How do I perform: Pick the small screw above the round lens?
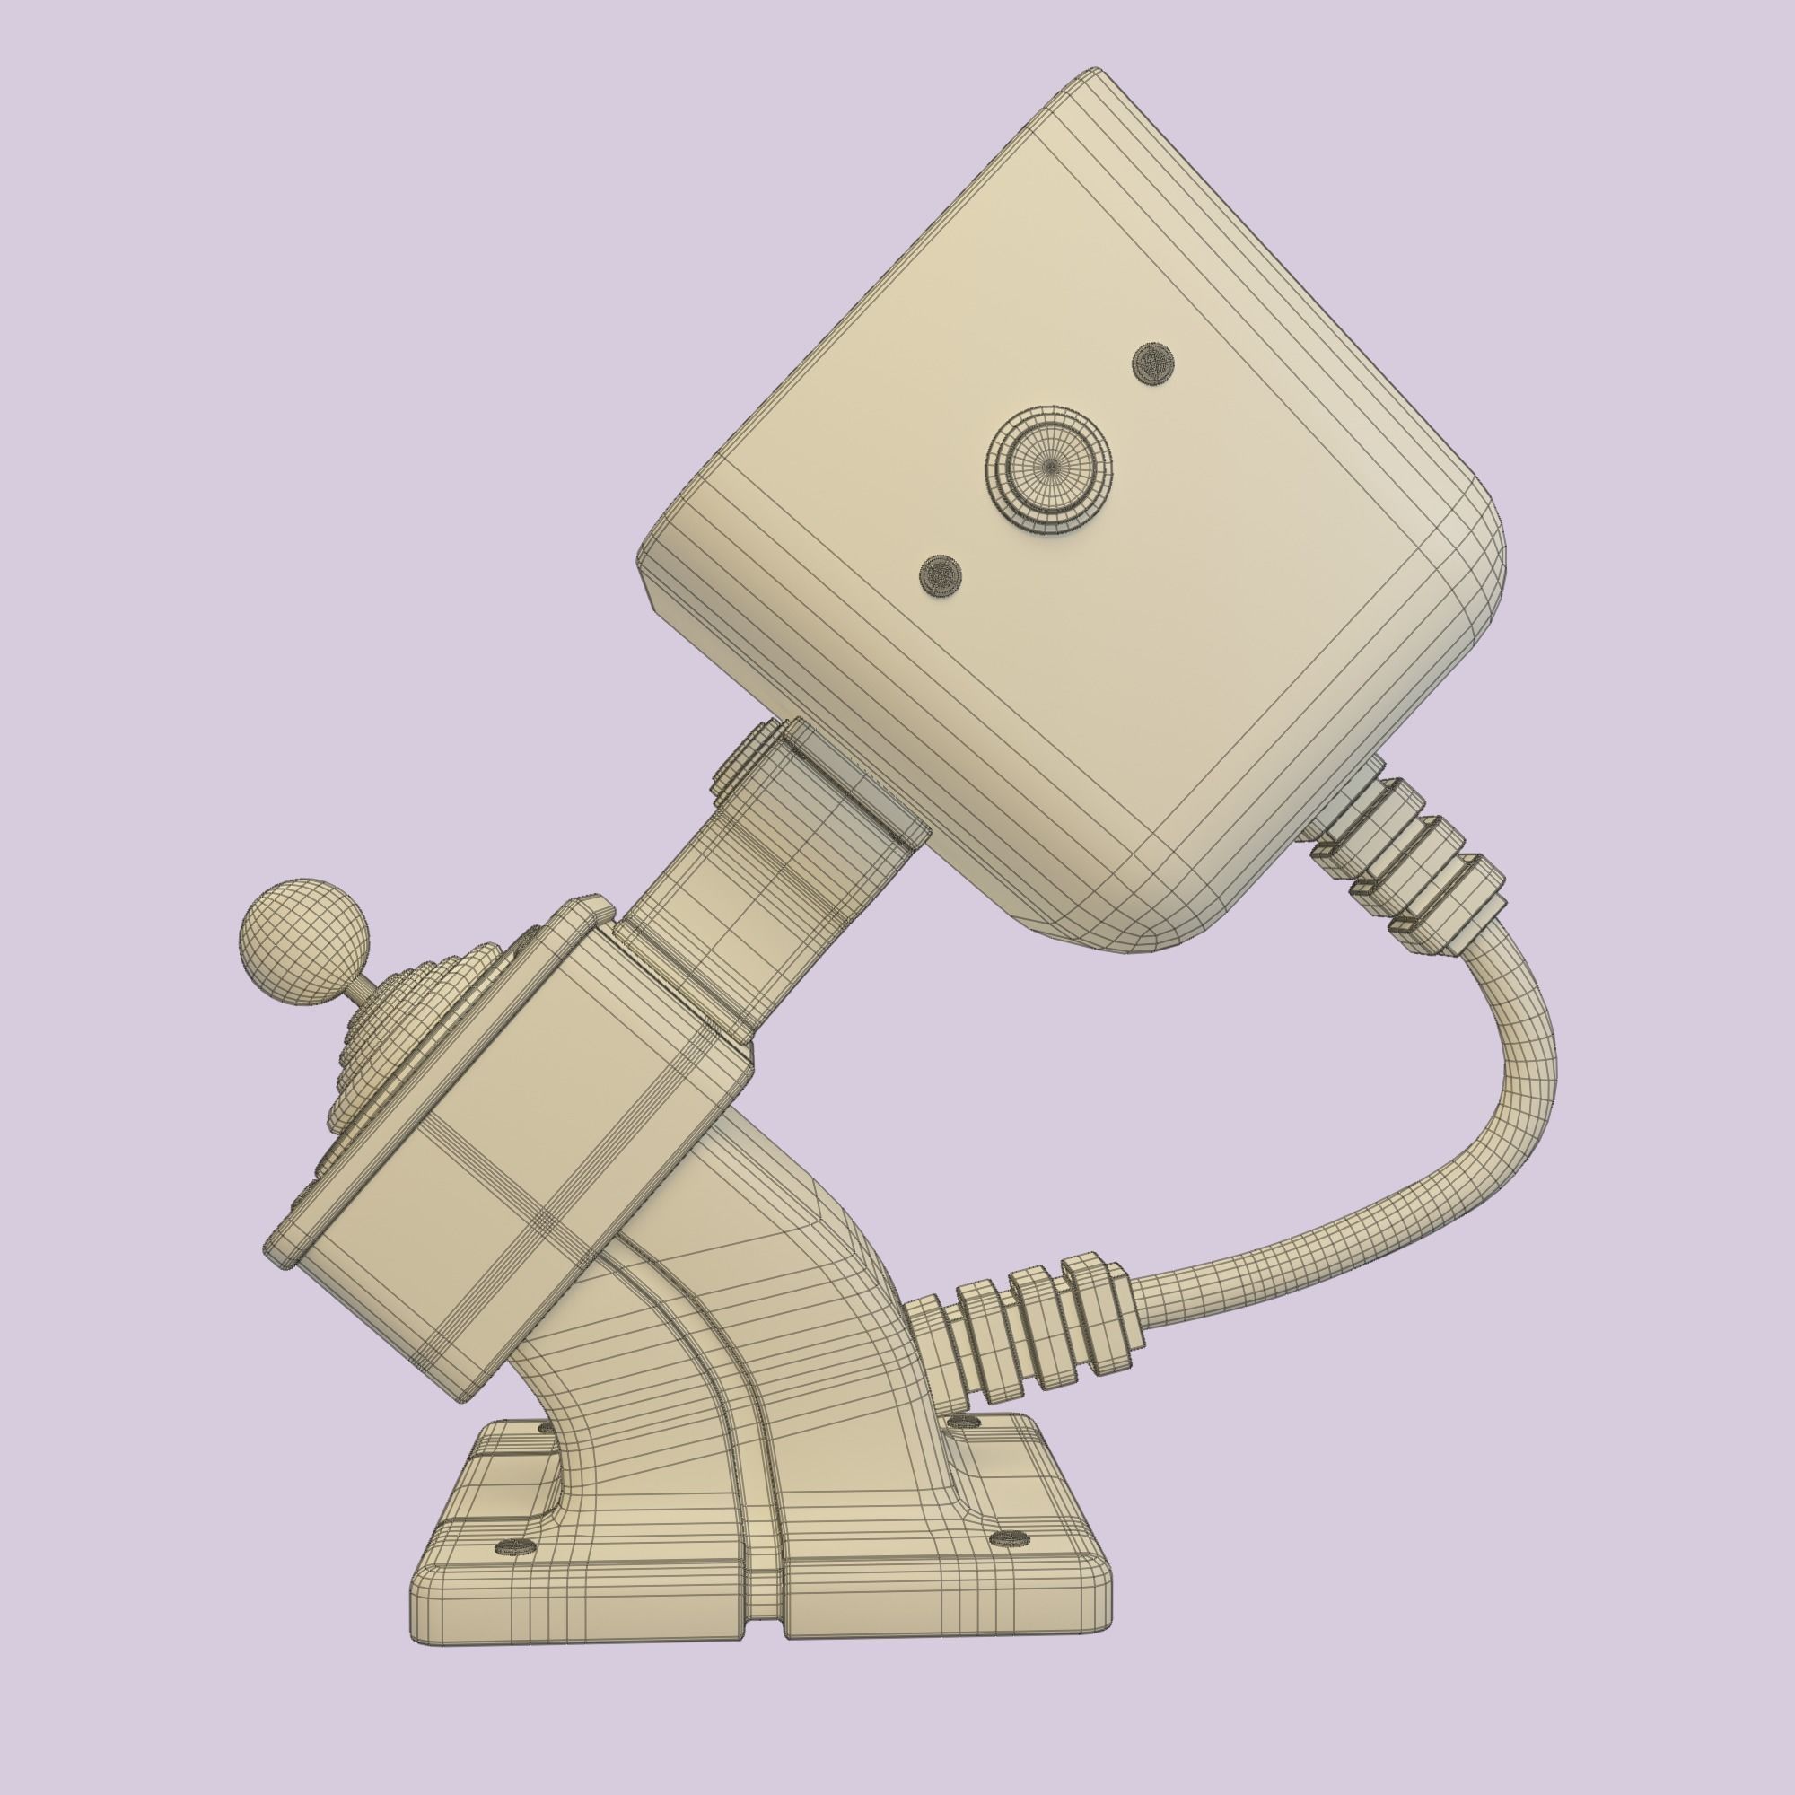pos(1154,362)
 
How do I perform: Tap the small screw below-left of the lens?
pos(940,576)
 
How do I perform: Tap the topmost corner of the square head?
pos(1094,74)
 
